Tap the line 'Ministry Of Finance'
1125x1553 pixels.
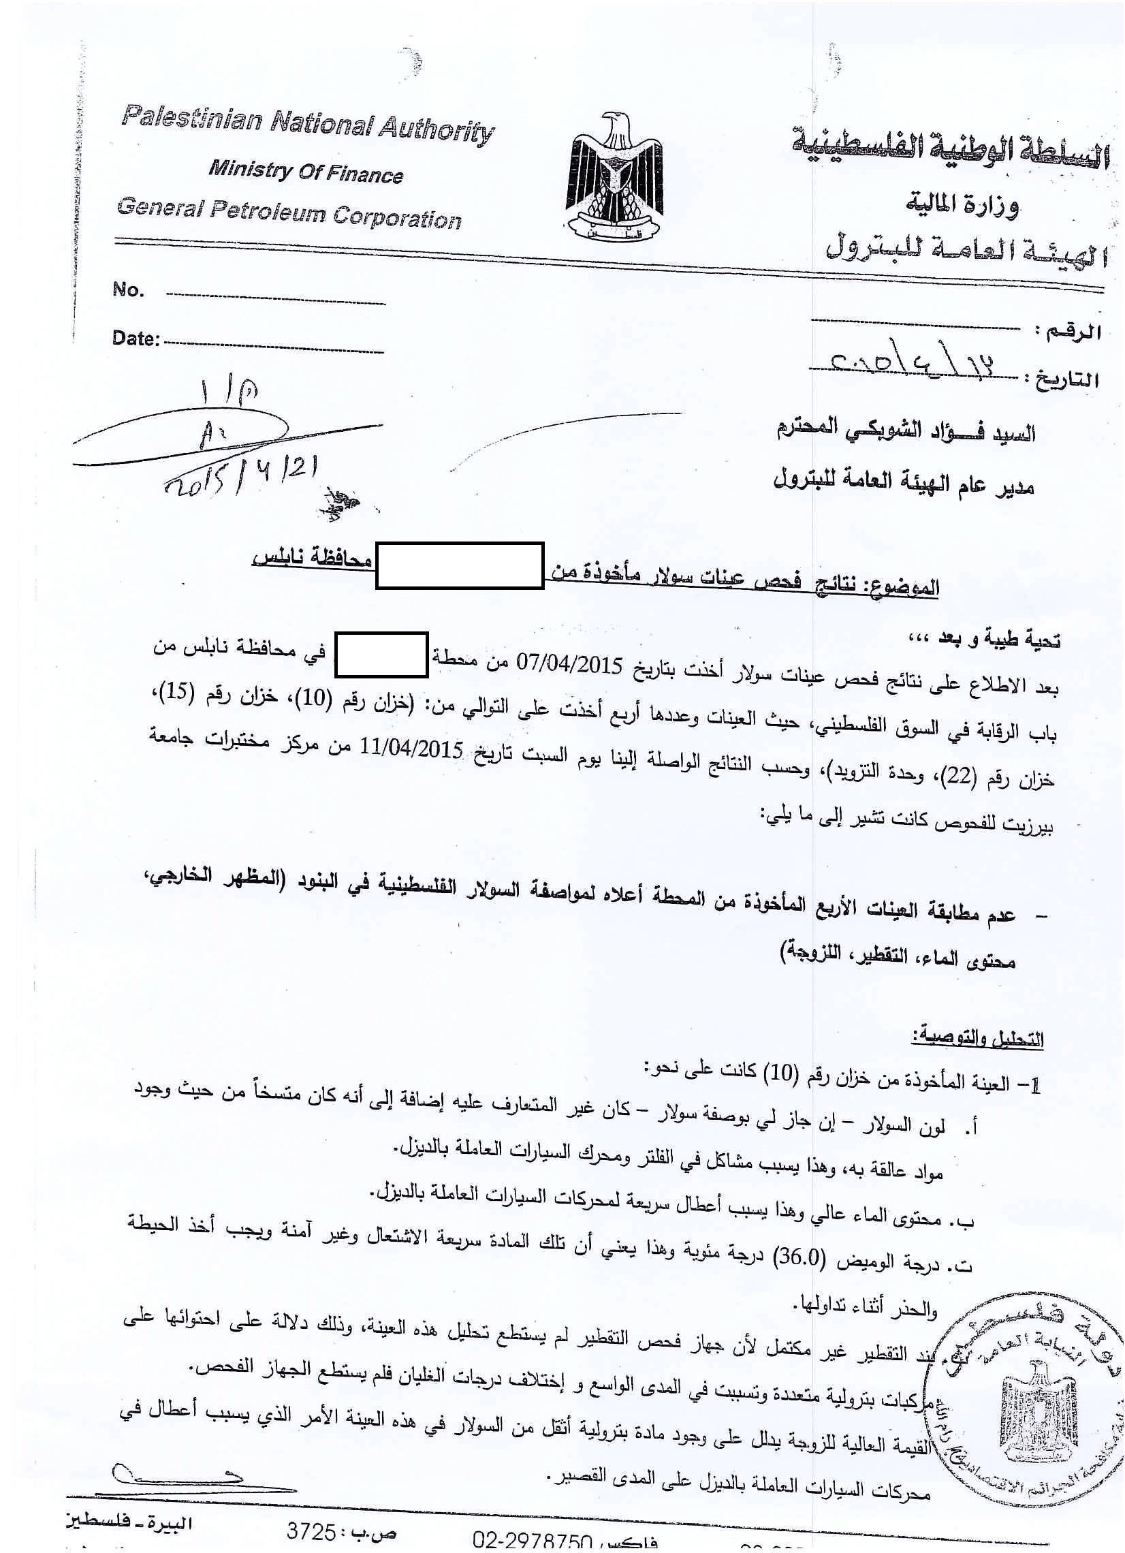click(x=306, y=171)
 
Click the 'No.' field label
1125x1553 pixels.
click(x=128, y=290)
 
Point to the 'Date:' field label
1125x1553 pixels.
click(x=136, y=339)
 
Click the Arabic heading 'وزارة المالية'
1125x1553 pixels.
click(x=962, y=204)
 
